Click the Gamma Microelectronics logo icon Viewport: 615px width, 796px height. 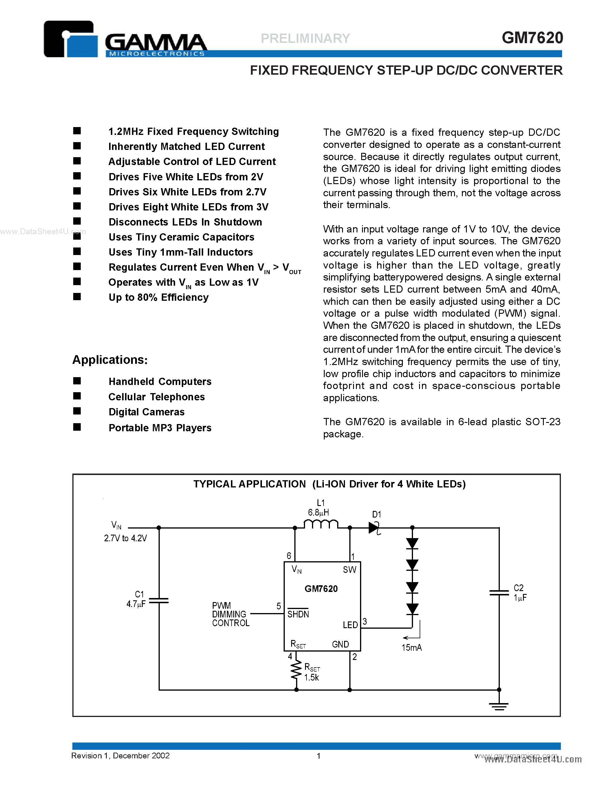(x=70, y=39)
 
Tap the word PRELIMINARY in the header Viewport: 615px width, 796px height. (x=305, y=38)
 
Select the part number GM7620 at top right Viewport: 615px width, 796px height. (x=532, y=38)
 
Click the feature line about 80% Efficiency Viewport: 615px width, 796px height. (x=159, y=297)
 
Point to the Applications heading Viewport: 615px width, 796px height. (x=110, y=360)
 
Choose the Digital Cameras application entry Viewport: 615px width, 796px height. (x=146, y=412)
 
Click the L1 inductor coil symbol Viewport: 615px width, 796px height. (x=321, y=524)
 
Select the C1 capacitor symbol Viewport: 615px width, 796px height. (x=159, y=600)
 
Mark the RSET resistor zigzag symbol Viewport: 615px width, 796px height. (x=296, y=671)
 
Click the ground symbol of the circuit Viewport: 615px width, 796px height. (x=499, y=706)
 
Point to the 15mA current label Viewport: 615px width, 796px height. (x=411, y=648)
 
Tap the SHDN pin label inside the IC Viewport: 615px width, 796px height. (x=298, y=614)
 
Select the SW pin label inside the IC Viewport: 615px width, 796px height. (x=349, y=570)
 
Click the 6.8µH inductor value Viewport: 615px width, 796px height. (x=318, y=512)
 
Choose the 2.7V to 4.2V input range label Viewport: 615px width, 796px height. (x=125, y=538)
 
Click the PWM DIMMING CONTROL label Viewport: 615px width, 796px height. (x=231, y=614)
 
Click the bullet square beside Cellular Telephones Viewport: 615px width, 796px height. (x=77, y=396)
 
